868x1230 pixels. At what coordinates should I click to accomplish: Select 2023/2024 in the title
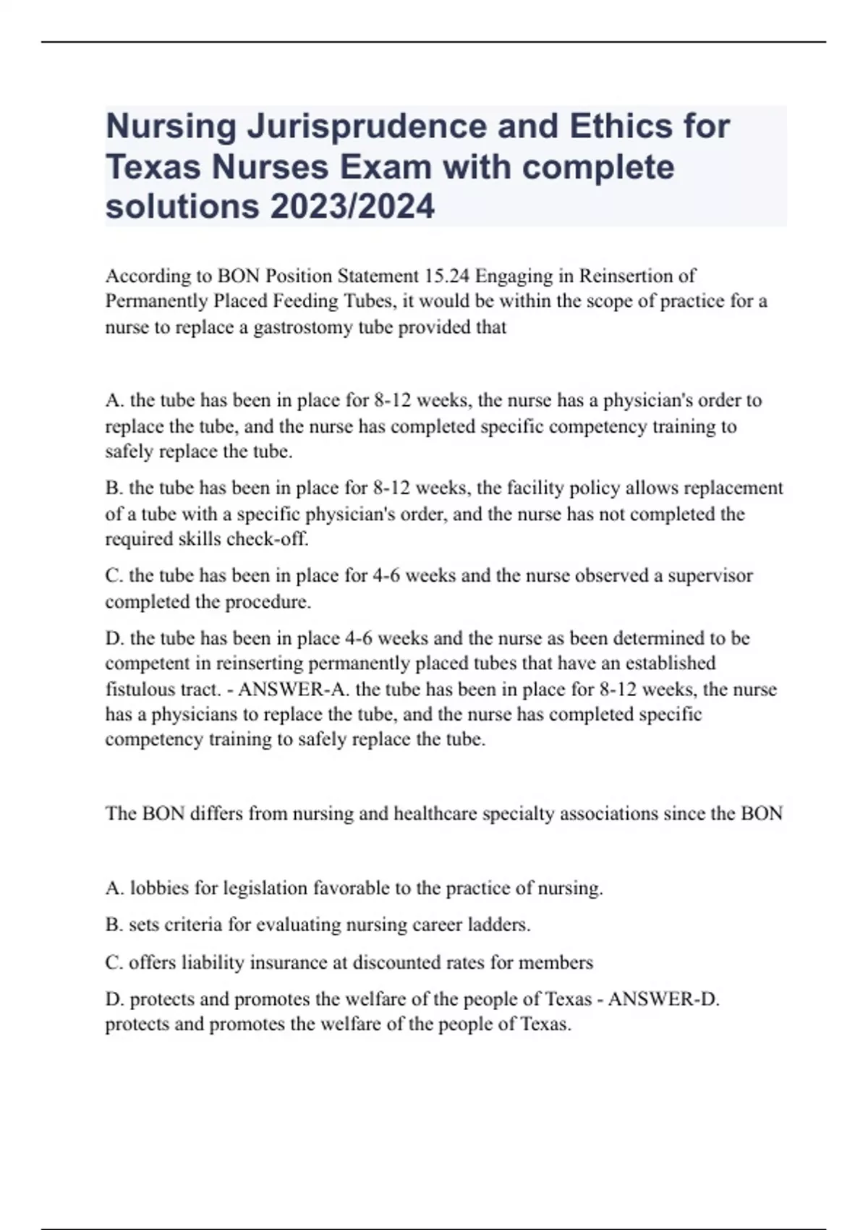(352, 206)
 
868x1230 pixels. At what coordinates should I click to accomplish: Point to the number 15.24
(446, 276)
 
